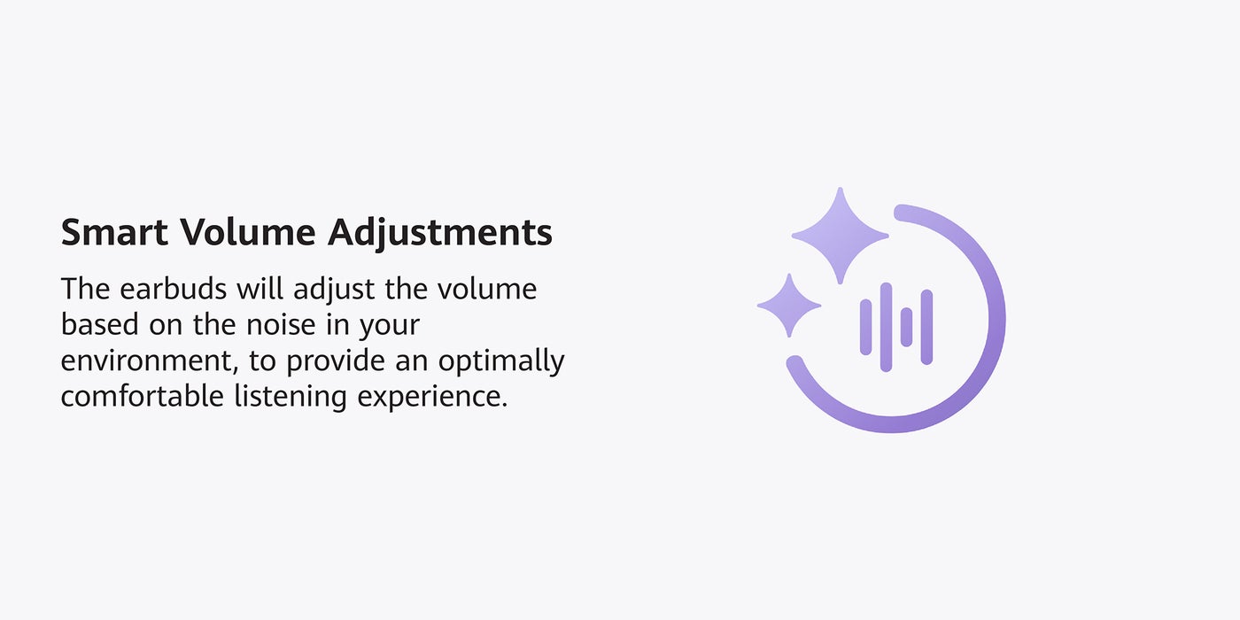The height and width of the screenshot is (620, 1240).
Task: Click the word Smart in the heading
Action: pyautogui.click(x=114, y=231)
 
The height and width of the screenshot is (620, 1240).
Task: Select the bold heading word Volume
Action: pyautogui.click(x=247, y=231)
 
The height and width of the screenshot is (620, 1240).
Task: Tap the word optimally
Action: pyautogui.click(x=501, y=362)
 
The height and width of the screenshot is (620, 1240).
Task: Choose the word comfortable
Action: pyautogui.click(x=143, y=397)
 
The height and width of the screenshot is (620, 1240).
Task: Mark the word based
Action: pyautogui.click(x=99, y=324)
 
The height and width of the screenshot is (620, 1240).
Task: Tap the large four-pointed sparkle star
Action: pyautogui.click(x=840, y=236)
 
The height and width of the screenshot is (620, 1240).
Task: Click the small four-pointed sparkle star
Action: pyautogui.click(x=789, y=305)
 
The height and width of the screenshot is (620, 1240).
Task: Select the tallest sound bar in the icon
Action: pyautogui.click(x=886, y=327)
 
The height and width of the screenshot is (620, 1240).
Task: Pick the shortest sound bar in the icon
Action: pyautogui.click(x=906, y=327)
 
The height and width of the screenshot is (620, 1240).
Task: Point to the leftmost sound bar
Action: pyautogui.click(x=866, y=327)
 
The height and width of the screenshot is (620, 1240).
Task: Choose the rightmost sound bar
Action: pyautogui.click(x=926, y=327)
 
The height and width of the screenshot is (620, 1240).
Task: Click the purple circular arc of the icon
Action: pyautogui.click(x=996, y=319)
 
